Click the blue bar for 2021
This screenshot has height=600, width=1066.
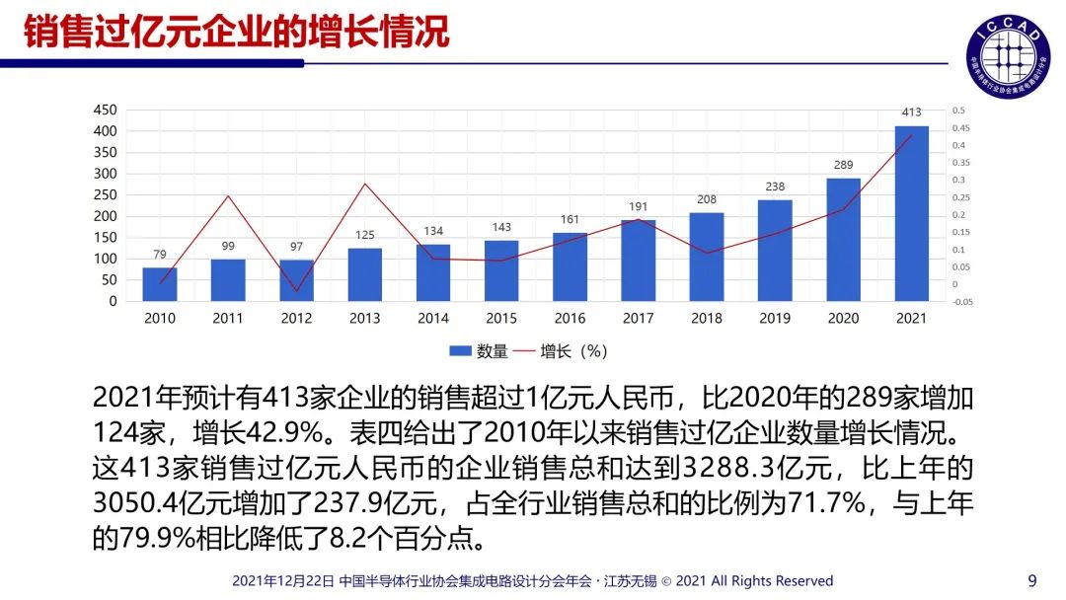911,213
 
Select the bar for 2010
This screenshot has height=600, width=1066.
160,284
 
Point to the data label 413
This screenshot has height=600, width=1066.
912,112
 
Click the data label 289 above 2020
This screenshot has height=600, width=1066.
843,165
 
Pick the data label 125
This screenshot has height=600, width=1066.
364,235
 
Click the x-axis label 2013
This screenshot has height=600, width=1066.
364,319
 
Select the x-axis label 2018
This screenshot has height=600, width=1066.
706,319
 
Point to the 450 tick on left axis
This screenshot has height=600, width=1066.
106,110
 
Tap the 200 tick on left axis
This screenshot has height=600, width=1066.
106,216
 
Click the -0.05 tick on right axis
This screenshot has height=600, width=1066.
962,302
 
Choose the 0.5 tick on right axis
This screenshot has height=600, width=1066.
958,111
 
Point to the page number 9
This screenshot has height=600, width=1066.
1032,580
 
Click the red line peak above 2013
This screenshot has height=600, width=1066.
365,184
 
